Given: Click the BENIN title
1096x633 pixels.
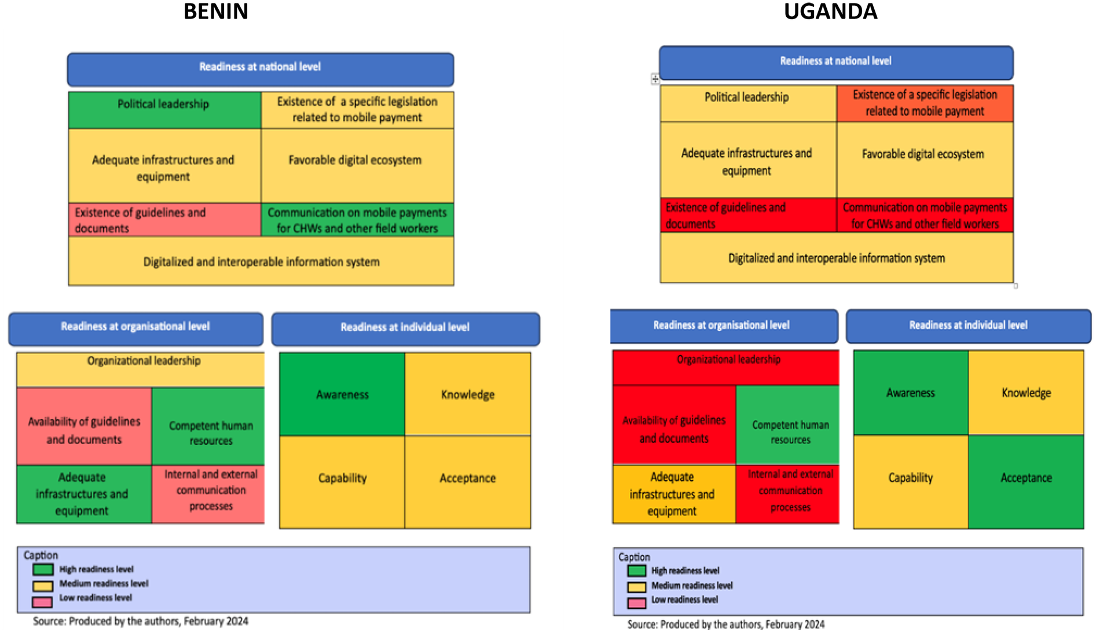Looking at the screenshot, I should pyautogui.click(x=215, y=12).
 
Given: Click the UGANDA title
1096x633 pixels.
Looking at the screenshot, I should pyautogui.click(x=830, y=12).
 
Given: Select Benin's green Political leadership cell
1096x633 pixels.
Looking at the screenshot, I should pyautogui.click(x=164, y=109).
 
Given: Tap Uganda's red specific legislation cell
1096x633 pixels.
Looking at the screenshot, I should pyautogui.click(x=925, y=103).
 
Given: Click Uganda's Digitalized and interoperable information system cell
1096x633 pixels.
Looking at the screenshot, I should pyautogui.click(x=836, y=258).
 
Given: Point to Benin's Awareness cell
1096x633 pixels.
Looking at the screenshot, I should pyautogui.click(x=342, y=394).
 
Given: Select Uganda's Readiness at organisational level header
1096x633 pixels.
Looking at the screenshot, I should pyautogui.click(x=723, y=326).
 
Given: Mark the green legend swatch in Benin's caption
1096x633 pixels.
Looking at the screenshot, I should pyautogui.click(x=43, y=570).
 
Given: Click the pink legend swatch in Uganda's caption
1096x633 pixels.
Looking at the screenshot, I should pyautogui.click(x=637, y=603).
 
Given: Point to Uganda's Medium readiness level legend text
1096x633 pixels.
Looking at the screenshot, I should pyautogui.click(x=692, y=586).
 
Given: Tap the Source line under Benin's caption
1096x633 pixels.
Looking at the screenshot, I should pyautogui.click(x=141, y=621).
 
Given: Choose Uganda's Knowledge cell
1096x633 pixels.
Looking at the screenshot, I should pyautogui.click(x=1026, y=393).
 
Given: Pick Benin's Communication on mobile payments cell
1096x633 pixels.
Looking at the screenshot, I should pyautogui.click(x=357, y=220).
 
